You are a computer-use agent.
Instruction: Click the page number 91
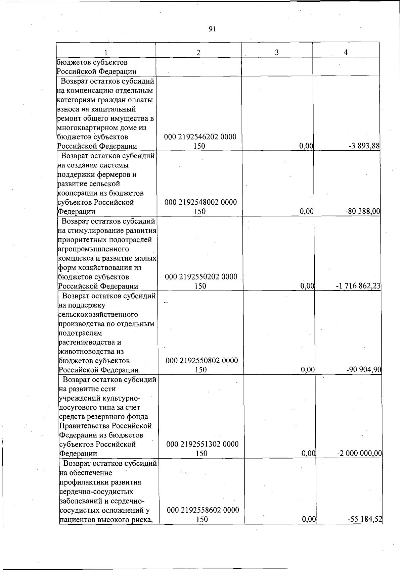click(212, 29)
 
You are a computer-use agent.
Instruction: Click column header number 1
click(106, 52)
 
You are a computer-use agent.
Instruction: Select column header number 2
click(198, 52)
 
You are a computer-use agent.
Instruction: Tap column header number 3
click(277, 52)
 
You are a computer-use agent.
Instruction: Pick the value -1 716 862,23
click(358, 286)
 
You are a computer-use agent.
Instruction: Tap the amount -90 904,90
click(364, 370)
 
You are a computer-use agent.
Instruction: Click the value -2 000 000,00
click(359, 454)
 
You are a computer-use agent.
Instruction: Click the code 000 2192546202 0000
click(200, 137)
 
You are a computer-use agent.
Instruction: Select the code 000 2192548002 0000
click(200, 202)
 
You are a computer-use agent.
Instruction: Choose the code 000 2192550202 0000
click(201, 277)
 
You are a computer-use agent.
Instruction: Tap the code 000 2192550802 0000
click(201, 361)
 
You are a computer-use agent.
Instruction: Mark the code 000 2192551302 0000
click(202, 444)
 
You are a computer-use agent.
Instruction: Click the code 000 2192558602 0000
click(203, 510)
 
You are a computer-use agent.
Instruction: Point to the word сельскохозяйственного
click(98, 315)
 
